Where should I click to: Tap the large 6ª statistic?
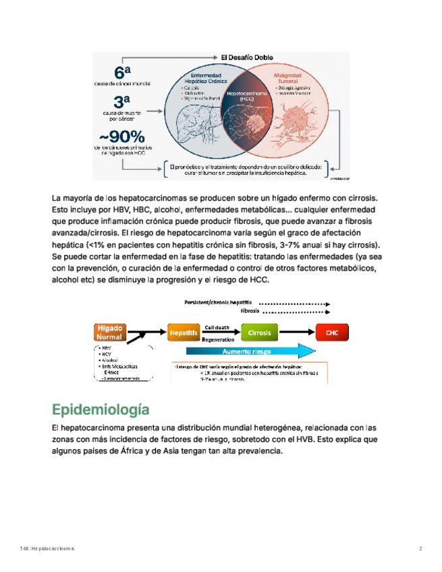pos(122,72)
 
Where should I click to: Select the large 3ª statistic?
pos(122,103)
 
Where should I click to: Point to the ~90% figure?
pos(122,136)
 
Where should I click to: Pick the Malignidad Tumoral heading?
pos(292,78)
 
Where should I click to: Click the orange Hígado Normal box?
pos(110,332)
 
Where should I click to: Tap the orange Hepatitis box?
pos(184,333)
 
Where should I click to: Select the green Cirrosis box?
pos(260,333)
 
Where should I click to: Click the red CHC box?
pos(332,333)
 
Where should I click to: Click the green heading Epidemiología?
pos(100,409)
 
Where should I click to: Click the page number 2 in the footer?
pos(420,548)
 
